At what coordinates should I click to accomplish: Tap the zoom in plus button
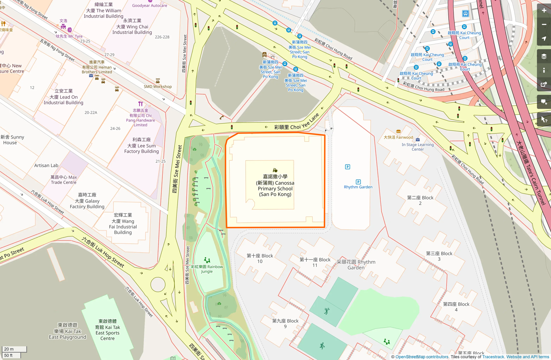click(544, 11)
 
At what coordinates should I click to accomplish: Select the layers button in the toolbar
click(544, 56)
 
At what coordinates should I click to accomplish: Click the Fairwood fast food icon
click(398, 131)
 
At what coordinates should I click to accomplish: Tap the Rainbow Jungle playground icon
click(207, 260)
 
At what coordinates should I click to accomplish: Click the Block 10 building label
click(260, 258)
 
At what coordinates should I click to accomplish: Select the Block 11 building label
click(315, 262)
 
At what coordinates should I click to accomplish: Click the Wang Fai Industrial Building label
click(123, 224)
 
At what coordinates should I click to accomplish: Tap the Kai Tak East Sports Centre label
click(107, 330)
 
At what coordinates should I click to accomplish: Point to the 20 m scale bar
click(14, 349)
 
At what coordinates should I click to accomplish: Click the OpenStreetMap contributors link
click(422, 357)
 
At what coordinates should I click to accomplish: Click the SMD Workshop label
click(158, 87)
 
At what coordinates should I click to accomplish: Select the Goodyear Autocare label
click(149, 6)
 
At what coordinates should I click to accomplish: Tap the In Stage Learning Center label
click(418, 147)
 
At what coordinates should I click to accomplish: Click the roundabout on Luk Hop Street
click(158, 284)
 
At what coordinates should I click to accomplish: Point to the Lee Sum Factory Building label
click(142, 145)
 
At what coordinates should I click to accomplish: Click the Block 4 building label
click(456, 307)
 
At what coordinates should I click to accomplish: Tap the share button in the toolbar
click(544, 85)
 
